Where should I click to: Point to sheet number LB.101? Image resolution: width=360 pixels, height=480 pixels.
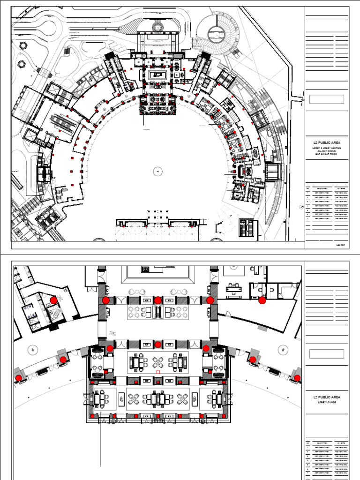click(340, 245)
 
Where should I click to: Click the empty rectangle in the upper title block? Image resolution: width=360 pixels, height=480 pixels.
click(327, 99)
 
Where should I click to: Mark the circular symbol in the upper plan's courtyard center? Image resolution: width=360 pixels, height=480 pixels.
click(158, 172)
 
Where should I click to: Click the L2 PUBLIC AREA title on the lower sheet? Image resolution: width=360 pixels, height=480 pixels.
click(327, 397)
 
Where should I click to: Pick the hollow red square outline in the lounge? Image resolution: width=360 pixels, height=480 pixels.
click(158, 372)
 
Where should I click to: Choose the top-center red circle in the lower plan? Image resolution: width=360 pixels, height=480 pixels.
click(158, 300)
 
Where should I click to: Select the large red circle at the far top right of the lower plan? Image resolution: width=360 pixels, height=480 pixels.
click(262, 300)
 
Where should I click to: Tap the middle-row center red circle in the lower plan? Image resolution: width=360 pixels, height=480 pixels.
click(158, 345)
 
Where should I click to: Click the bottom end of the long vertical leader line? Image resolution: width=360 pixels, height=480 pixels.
click(101, 466)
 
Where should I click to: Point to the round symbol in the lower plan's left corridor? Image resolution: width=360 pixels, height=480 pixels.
click(32, 349)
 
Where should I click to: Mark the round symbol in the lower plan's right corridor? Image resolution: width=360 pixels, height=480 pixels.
click(283, 349)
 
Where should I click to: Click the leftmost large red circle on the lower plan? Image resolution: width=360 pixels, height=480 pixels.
click(19, 378)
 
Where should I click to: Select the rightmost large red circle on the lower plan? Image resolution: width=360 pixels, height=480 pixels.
click(297, 378)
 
